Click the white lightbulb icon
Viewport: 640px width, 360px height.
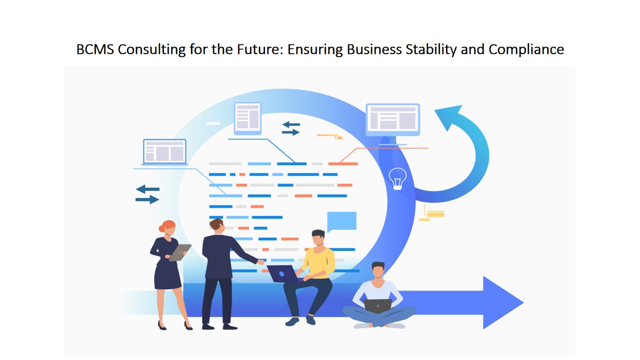397,178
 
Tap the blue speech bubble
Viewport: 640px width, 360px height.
341,221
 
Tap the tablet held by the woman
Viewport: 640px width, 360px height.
179,252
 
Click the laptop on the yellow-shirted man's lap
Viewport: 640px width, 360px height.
280,273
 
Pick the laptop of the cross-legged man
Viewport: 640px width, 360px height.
377,305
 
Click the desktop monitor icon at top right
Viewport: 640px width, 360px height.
392,119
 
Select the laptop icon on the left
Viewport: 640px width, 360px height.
164,151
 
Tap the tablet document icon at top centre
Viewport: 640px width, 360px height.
247,118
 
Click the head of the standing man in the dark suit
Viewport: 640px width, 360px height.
216,226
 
